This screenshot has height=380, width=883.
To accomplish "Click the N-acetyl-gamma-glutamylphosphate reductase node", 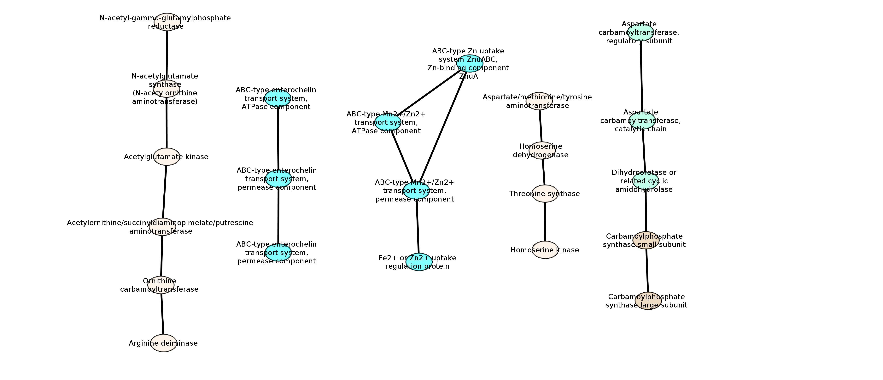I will point(167,22).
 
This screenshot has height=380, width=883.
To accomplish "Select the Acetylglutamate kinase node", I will point(167,157).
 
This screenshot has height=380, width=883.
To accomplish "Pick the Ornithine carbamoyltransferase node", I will point(161,285).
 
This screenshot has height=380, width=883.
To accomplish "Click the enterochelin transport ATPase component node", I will point(278,98).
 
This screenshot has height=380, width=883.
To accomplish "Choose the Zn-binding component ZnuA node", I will point(470,63).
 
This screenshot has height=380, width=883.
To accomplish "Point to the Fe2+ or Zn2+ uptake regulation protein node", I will point(419,262).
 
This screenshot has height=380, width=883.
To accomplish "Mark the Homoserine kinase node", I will point(545,250).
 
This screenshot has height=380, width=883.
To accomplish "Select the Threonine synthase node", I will point(545,194).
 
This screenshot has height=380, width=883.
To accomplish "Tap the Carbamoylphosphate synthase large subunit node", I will point(648,301).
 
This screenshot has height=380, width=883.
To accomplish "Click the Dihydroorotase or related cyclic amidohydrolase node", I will point(645,181).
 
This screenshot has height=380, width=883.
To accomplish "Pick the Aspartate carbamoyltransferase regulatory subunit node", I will point(640,32).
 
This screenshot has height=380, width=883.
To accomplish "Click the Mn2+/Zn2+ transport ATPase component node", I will point(387,122).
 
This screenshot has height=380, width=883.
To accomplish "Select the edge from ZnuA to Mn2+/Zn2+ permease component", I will point(443,127).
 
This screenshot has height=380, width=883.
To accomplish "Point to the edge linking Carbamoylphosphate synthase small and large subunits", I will point(647,271).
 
